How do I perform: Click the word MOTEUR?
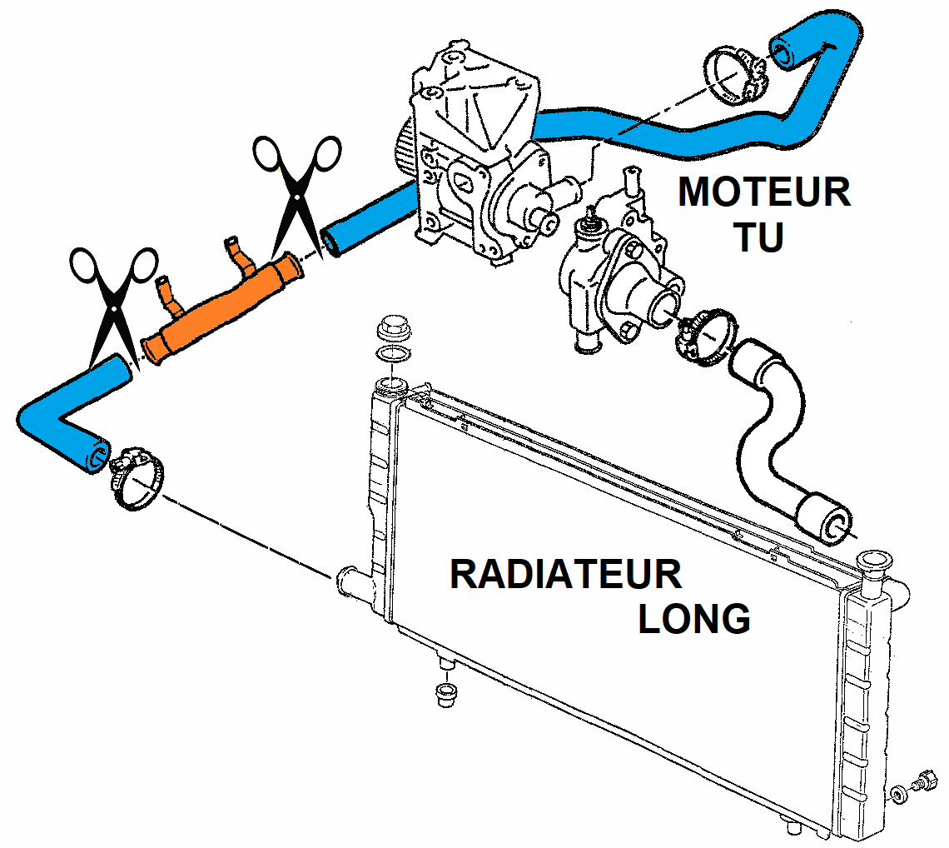point(764,192)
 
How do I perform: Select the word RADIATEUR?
point(565,575)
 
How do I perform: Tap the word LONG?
point(694,618)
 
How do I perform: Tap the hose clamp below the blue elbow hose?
point(133,479)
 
